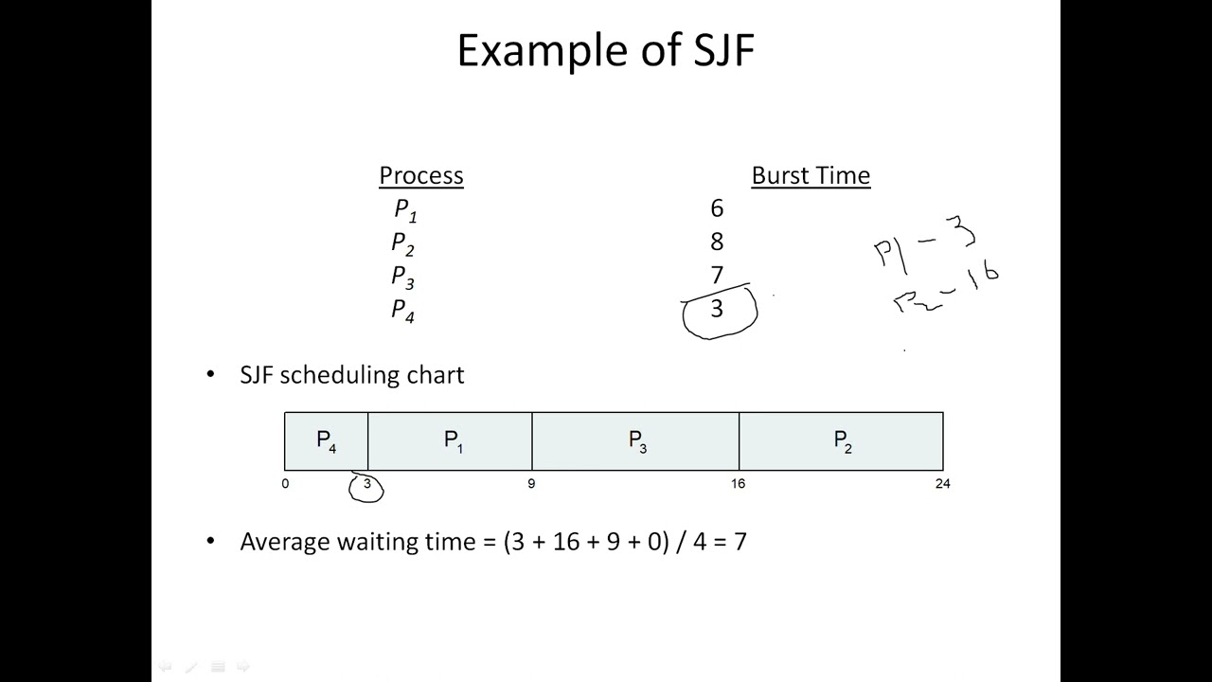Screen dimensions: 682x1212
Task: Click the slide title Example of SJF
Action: (x=605, y=50)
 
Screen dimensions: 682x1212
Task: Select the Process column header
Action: (x=420, y=175)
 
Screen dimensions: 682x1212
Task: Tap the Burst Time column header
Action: (x=811, y=175)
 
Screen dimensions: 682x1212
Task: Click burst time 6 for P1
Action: (x=717, y=208)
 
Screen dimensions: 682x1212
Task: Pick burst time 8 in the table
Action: (x=717, y=242)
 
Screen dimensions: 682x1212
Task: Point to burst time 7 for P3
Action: (x=717, y=275)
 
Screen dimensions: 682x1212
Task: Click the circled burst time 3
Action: (x=718, y=309)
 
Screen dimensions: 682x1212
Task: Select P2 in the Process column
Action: (x=403, y=243)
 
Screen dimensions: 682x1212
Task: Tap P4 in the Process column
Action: (x=403, y=310)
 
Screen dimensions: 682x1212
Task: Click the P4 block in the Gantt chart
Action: (x=326, y=441)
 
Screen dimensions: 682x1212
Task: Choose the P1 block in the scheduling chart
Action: (x=454, y=441)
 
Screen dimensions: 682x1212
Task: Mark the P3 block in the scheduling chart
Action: (x=637, y=441)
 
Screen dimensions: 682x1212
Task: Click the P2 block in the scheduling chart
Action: (x=842, y=441)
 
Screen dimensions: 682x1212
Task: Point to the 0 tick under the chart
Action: (x=285, y=484)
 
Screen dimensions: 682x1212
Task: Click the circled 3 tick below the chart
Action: (x=366, y=485)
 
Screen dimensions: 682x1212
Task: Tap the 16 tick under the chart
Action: (x=738, y=484)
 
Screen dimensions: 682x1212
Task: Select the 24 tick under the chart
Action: (x=942, y=484)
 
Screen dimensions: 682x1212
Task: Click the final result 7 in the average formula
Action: (x=740, y=542)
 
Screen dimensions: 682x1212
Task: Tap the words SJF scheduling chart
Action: (x=352, y=375)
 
